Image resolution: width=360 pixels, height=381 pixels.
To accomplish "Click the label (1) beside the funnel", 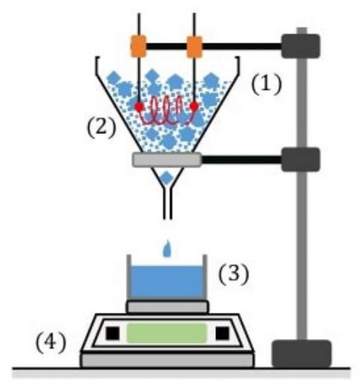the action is [x=266, y=85].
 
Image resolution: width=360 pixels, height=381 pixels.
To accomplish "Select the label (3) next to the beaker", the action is [x=233, y=275].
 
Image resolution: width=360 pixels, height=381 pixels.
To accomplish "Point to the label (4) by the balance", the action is [x=51, y=343].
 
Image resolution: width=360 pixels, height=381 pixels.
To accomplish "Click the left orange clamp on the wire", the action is [x=139, y=46].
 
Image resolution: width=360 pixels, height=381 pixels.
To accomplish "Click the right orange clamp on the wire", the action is [x=194, y=46].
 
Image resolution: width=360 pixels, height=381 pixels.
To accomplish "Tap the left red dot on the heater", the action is [x=139, y=107].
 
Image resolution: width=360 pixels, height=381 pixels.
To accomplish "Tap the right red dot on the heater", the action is [x=194, y=106].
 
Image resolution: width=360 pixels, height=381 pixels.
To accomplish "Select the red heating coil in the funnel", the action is [x=166, y=112].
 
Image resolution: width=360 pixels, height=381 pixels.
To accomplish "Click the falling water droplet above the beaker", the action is [x=166, y=248].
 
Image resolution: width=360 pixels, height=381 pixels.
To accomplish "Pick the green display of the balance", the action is [x=166, y=333].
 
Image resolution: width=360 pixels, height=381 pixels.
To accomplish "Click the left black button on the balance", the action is [x=113, y=333].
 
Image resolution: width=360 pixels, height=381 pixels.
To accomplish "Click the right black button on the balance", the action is [x=222, y=333].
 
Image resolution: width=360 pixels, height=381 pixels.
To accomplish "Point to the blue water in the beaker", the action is [x=167, y=283].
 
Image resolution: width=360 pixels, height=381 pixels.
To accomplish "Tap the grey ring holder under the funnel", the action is [x=167, y=159].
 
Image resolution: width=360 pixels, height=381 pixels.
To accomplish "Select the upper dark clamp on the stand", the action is [x=301, y=46].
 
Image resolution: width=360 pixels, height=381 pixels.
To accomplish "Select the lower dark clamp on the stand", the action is [x=301, y=159].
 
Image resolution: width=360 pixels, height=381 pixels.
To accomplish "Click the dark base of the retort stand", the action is [x=301, y=354].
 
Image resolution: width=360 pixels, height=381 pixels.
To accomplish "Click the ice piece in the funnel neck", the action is [x=166, y=178].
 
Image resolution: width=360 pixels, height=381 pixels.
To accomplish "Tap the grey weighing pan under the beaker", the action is [x=167, y=307].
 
